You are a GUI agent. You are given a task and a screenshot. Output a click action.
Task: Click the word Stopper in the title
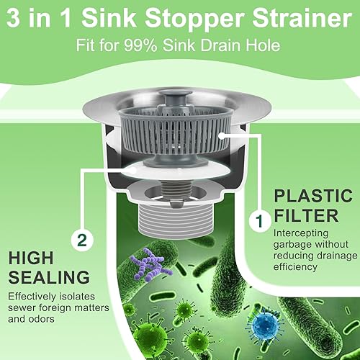point(194,19)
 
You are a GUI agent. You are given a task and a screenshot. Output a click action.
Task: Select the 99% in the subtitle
point(140,45)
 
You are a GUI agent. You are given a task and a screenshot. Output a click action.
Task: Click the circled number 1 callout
point(259,220)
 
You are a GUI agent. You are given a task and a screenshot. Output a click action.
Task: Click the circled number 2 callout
point(82,240)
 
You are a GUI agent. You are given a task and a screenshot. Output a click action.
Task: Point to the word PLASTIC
point(313,196)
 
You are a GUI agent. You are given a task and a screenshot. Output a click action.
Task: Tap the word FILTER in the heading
point(307,215)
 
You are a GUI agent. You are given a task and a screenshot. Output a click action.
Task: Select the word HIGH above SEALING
point(31,258)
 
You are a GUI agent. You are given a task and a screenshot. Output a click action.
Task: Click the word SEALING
point(49,277)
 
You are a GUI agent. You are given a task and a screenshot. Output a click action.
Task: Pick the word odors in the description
point(41,319)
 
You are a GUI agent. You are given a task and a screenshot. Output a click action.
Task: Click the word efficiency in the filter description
point(295,267)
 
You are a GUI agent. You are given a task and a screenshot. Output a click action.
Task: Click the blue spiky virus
point(265,325)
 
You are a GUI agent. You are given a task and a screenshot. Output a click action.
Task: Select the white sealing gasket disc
point(176,170)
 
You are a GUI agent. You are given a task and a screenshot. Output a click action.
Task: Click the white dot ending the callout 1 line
point(222,135)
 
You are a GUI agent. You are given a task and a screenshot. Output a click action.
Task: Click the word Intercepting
point(301,233)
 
